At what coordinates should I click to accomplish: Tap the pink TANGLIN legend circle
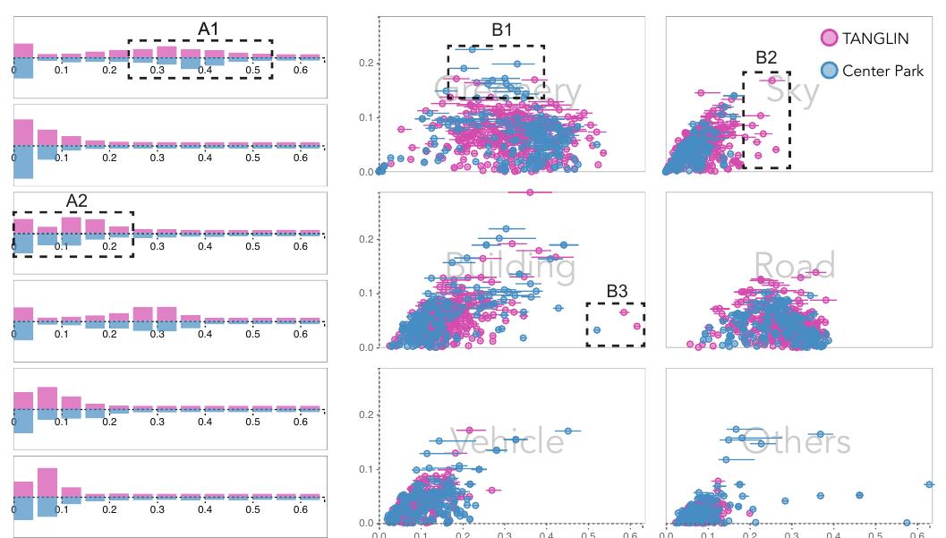pos(830,38)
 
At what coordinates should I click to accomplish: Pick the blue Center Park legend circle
pos(830,70)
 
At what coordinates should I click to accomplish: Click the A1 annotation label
pos(209,29)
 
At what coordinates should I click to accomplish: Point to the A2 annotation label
pos(77,201)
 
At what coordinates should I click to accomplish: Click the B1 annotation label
pos(502,30)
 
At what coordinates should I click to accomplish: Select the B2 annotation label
pos(766,58)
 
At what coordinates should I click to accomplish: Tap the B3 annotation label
pos(617,291)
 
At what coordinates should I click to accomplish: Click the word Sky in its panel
pos(793,93)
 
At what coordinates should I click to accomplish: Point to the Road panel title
pos(794,266)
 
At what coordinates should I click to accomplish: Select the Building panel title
pos(509,267)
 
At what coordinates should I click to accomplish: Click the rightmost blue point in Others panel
pos(929,484)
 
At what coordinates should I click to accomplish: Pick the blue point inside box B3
pos(597,330)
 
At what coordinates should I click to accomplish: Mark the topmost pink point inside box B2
pos(771,81)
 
